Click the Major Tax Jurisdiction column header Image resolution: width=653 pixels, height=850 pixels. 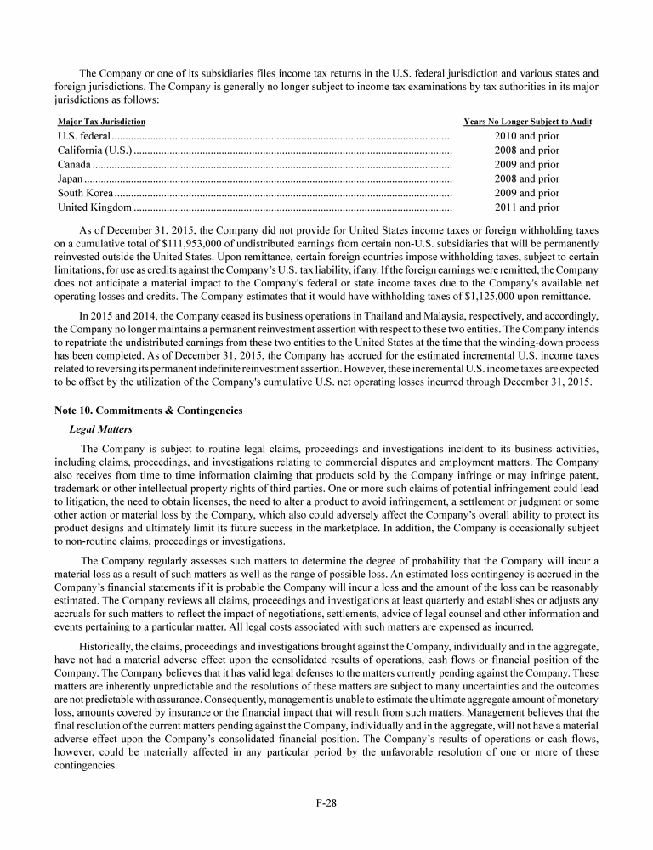(101, 122)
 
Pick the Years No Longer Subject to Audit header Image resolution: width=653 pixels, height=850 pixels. (527, 122)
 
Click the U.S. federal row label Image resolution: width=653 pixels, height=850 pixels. (83, 135)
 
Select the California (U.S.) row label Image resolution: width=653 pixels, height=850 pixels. (94, 150)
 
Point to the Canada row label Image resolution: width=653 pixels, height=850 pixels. (74, 165)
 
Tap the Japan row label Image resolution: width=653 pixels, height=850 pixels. (70, 179)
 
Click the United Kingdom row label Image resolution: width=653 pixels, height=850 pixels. (94, 207)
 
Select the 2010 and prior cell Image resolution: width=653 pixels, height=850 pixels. (527, 135)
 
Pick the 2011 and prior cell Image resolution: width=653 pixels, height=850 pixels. (527, 207)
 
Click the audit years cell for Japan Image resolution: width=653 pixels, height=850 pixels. (527, 179)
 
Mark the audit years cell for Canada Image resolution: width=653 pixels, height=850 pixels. (527, 165)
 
